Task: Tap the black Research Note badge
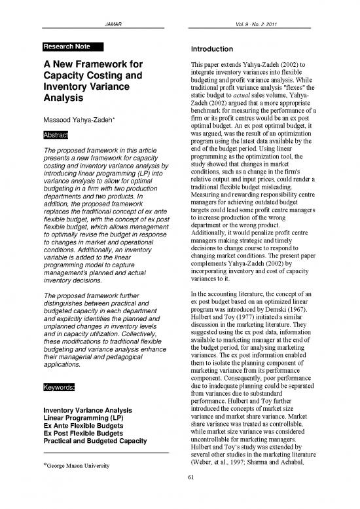pos(70,47)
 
